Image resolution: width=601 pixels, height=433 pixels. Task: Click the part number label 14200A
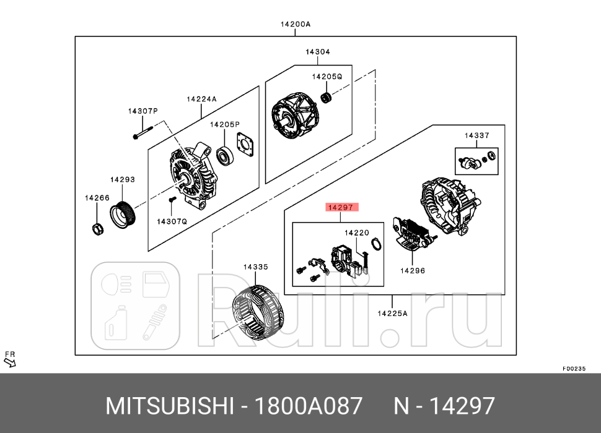point(295,25)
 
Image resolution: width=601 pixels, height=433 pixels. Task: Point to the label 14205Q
point(327,77)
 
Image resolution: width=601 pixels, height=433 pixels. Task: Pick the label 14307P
point(143,111)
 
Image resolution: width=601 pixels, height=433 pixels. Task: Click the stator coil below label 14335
point(257,311)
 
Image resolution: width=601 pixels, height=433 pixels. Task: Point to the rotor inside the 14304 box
point(294,116)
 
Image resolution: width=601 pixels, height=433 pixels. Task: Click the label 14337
point(477,135)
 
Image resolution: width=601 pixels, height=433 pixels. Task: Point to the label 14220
point(357,233)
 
